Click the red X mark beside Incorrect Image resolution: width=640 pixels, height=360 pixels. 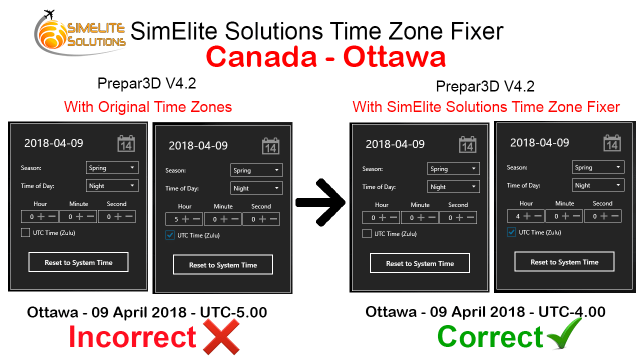point(221,336)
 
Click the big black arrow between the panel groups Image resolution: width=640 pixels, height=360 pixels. point(320,202)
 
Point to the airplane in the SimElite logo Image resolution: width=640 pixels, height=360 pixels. point(49,14)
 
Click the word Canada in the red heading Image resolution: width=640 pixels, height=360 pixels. point(261,56)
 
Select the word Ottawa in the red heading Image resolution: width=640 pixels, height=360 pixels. point(394,56)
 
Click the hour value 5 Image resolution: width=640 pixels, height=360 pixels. point(176,219)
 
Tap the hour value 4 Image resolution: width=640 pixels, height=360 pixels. point(517,216)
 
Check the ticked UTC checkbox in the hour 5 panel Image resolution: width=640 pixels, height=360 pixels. point(170,235)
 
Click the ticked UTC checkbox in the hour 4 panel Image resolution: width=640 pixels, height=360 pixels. point(511,232)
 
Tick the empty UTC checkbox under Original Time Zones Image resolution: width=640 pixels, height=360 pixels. point(25,232)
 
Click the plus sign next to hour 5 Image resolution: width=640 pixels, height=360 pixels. point(185,219)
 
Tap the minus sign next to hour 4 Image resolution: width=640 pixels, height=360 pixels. point(538,216)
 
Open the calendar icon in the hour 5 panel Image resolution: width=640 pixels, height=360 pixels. point(270,146)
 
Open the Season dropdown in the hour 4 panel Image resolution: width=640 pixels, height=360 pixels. point(598,167)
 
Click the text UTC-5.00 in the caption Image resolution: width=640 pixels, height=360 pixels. point(233,312)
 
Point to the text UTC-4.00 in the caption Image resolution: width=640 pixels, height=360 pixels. point(572,311)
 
